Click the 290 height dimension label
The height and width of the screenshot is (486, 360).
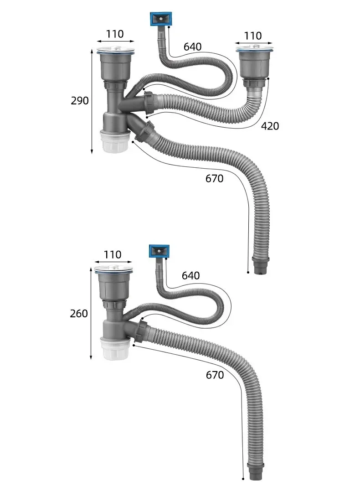point(80,101)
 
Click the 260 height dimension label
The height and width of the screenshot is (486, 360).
point(79,314)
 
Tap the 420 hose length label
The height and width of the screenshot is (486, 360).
point(270,126)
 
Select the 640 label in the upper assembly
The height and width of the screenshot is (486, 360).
point(192,47)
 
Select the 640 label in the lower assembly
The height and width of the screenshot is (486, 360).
point(190,275)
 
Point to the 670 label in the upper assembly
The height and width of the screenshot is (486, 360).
point(214,179)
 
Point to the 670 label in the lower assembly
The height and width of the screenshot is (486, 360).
point(215,375)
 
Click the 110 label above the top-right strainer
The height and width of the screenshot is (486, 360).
point(253,36)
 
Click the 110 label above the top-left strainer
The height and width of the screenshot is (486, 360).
point(115,34)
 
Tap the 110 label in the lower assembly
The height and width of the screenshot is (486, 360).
point(113,255)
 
